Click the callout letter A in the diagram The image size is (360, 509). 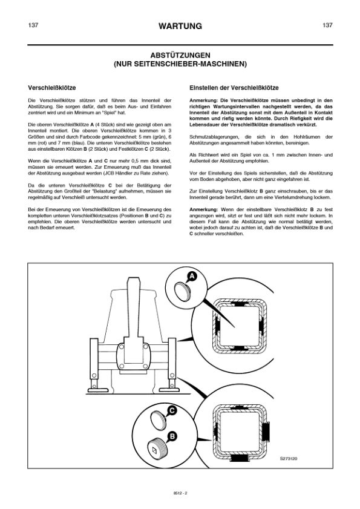click(192, 276)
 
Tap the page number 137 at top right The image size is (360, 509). click(327, 25)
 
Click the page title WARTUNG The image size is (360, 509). click(180, 27)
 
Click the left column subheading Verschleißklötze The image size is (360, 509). click(52, 87)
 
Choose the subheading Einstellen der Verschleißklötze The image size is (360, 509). click(234, 87)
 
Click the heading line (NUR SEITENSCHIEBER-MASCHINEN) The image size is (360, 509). click(180, 63)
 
